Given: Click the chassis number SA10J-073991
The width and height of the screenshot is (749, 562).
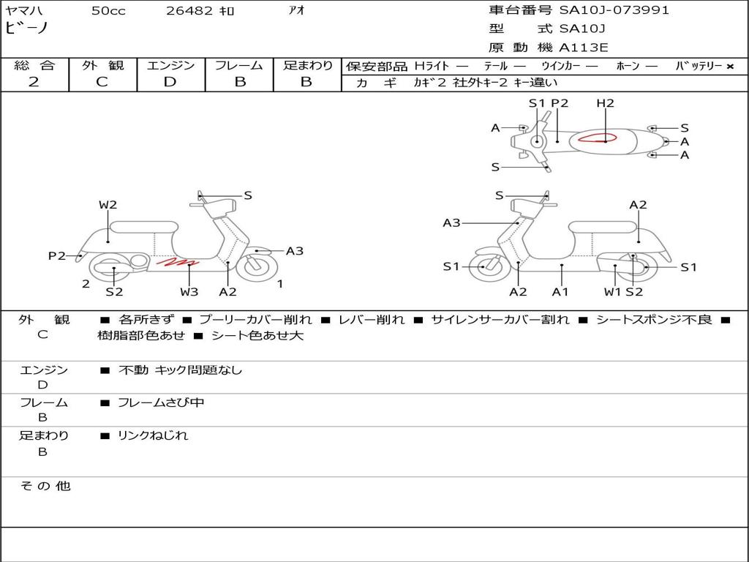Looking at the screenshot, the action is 614,10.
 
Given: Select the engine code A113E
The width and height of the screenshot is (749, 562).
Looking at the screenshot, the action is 583,48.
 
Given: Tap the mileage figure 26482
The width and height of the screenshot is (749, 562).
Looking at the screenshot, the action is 189,11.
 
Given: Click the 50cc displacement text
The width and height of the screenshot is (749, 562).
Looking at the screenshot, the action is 108,11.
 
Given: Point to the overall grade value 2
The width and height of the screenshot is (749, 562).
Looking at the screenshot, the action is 34,82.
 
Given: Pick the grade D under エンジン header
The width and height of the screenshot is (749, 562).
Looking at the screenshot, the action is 170,82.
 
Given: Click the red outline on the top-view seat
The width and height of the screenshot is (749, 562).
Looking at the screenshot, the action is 597,138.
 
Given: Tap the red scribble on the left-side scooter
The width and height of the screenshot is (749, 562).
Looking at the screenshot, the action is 177,262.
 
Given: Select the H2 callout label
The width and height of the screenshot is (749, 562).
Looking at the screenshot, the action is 605,102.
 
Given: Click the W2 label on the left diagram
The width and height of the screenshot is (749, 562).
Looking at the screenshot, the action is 108,205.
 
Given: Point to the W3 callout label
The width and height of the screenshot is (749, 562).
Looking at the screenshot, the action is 189,291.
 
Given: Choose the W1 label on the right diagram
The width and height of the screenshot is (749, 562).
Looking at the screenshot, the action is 613,291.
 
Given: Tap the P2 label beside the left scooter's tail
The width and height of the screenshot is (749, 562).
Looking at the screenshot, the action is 57,255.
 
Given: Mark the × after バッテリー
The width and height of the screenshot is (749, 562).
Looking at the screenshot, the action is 730,67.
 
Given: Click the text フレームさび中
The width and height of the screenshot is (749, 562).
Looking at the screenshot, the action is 161,403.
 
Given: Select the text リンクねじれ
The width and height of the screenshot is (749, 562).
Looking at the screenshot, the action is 153,435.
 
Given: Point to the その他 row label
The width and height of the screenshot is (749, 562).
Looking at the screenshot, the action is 45,486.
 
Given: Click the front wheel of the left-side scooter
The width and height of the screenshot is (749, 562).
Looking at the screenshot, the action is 257,266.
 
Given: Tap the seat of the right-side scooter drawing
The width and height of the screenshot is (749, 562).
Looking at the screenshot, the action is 603,227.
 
